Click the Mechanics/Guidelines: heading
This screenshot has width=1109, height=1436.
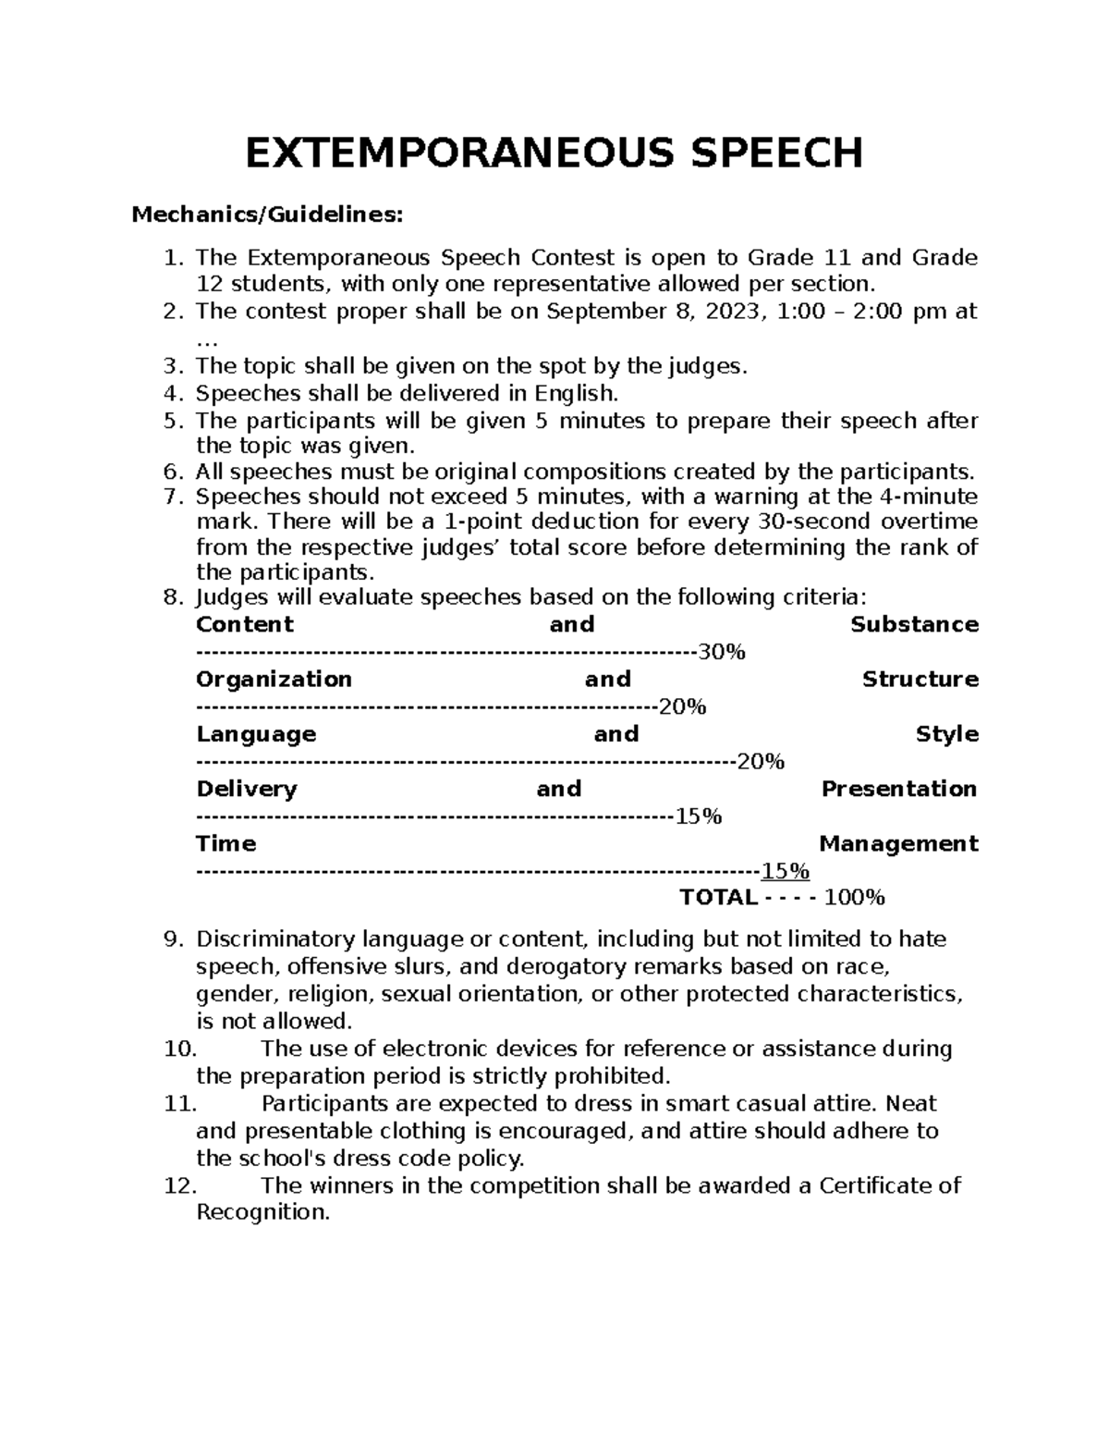click(x=267, y=215)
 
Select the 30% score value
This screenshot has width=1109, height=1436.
click(x=722, y=653)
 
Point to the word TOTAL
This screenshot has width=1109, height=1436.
click(x=718, y=898)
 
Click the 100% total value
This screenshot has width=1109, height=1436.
click(x=854, y=898)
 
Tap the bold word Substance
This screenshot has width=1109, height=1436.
click(x=914, y=625)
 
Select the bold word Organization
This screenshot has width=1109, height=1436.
click(x=274, y=680)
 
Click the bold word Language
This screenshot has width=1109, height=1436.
click(x=256, y=734)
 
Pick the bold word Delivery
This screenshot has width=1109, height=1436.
click(x=247, y=790)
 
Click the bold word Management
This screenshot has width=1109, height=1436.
click(x=898, y=844)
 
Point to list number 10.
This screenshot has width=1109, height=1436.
click(x=179, y=1049)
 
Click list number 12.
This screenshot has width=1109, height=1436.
click(x=179, y=1186)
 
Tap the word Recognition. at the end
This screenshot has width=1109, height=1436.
click(x=262, y=1213)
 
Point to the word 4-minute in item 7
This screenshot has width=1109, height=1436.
click(x=926, y=497)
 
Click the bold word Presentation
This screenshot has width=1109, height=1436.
click(x=898, y=790)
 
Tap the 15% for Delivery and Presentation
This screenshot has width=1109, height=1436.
click(x=699, y=817)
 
